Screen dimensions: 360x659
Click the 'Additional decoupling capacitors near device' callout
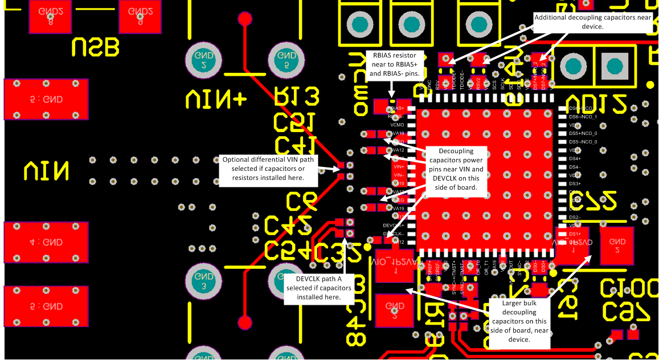(x=593, y=22)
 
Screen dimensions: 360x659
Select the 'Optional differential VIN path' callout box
(x=268, y=169)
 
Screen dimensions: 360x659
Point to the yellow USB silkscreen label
(x=96, y=47)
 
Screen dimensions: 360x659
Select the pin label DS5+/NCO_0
(x=583, y=133)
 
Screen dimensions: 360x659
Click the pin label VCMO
(x=398, y=125)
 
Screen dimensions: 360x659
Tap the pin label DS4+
(x=575, y=158)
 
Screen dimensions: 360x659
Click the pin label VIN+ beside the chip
(x=398, y=166)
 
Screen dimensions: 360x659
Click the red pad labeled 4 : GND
(x=46, y=242)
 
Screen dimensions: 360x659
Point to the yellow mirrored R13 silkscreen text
(x=297, y=98)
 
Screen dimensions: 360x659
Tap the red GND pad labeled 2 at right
(x=616, y=246)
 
